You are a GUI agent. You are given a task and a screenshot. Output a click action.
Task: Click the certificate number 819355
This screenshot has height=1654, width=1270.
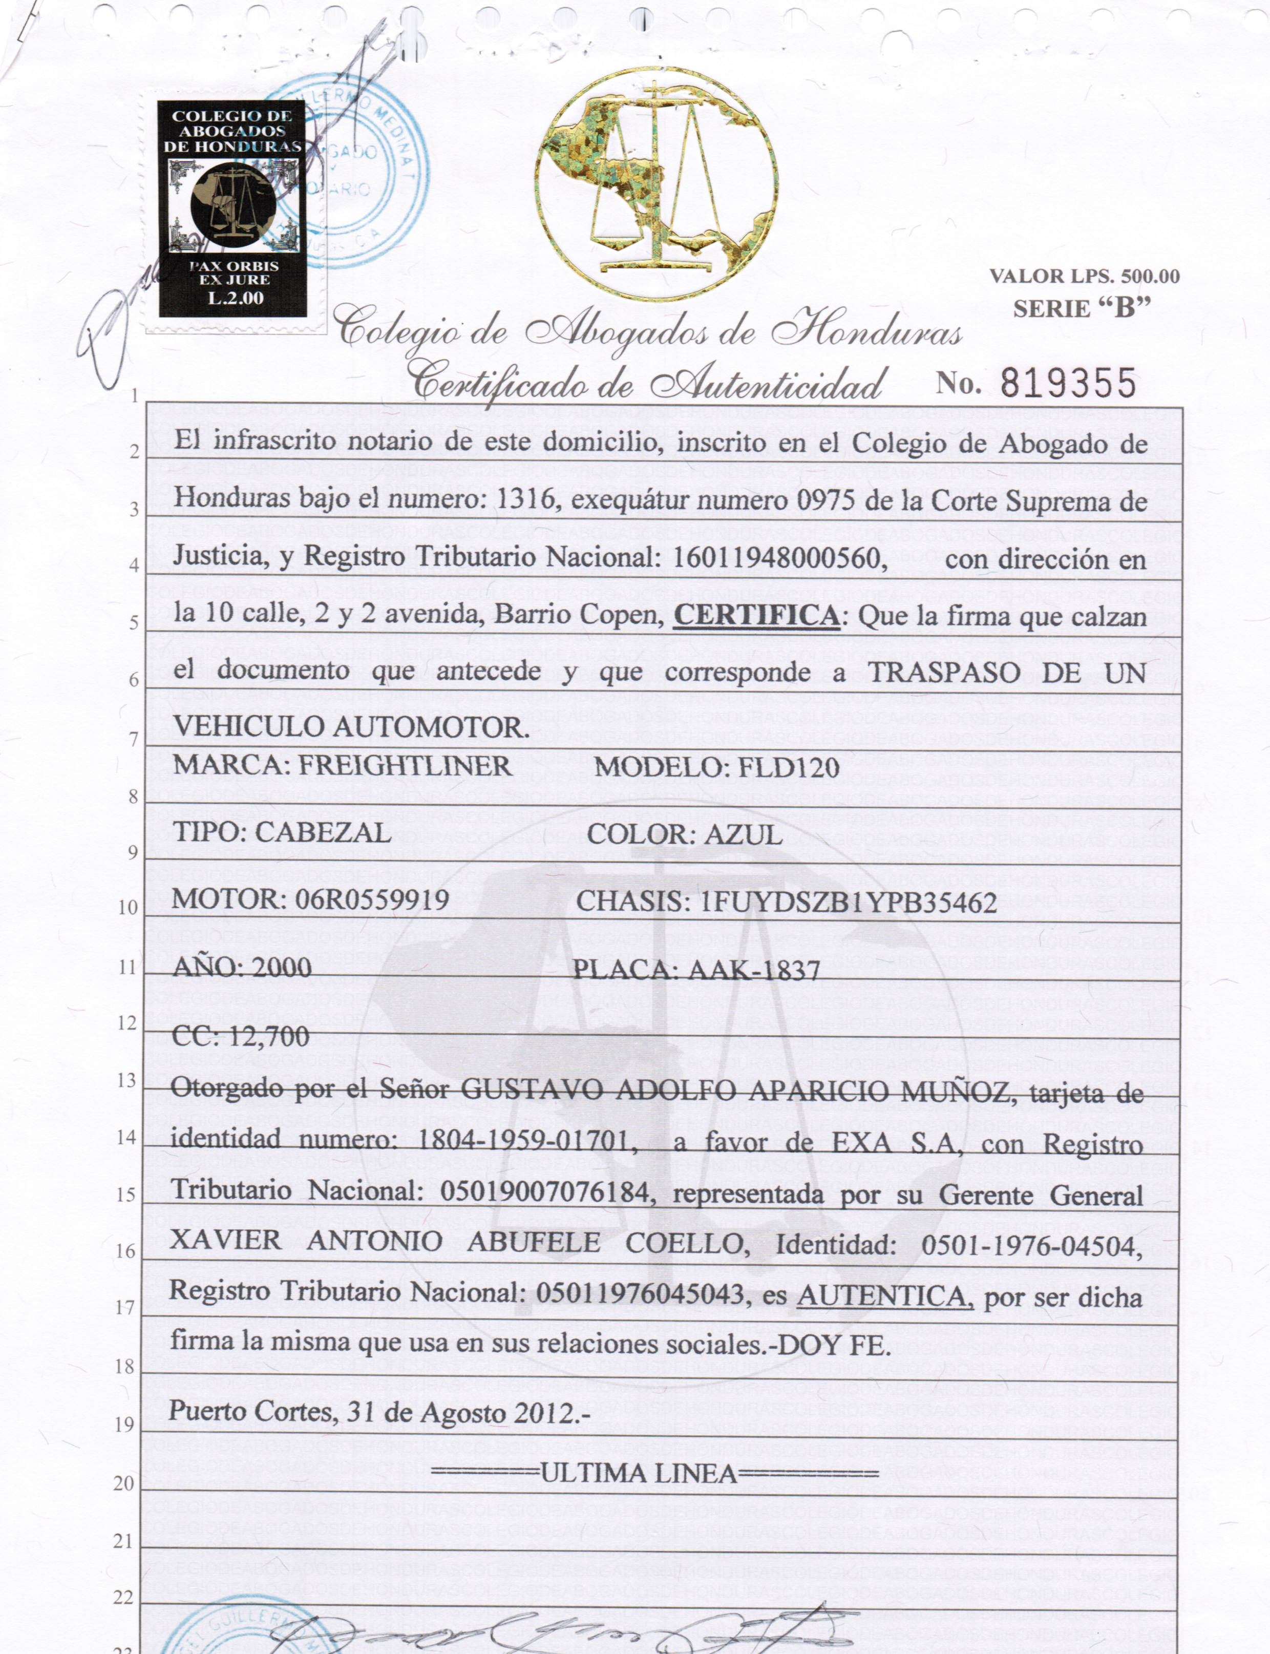pos(1068,384)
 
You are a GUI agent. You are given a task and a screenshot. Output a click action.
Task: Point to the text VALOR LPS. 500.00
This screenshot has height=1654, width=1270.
pos(1084,277)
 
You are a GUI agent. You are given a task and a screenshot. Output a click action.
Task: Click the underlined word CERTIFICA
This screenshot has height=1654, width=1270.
pos(756,615)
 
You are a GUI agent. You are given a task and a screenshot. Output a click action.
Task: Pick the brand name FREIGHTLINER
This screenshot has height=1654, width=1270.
pos(405,766)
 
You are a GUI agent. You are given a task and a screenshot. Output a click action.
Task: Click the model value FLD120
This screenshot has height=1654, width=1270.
pos(789,767)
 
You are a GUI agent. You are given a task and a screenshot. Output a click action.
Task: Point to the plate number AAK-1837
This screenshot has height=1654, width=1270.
pos(754,969)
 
